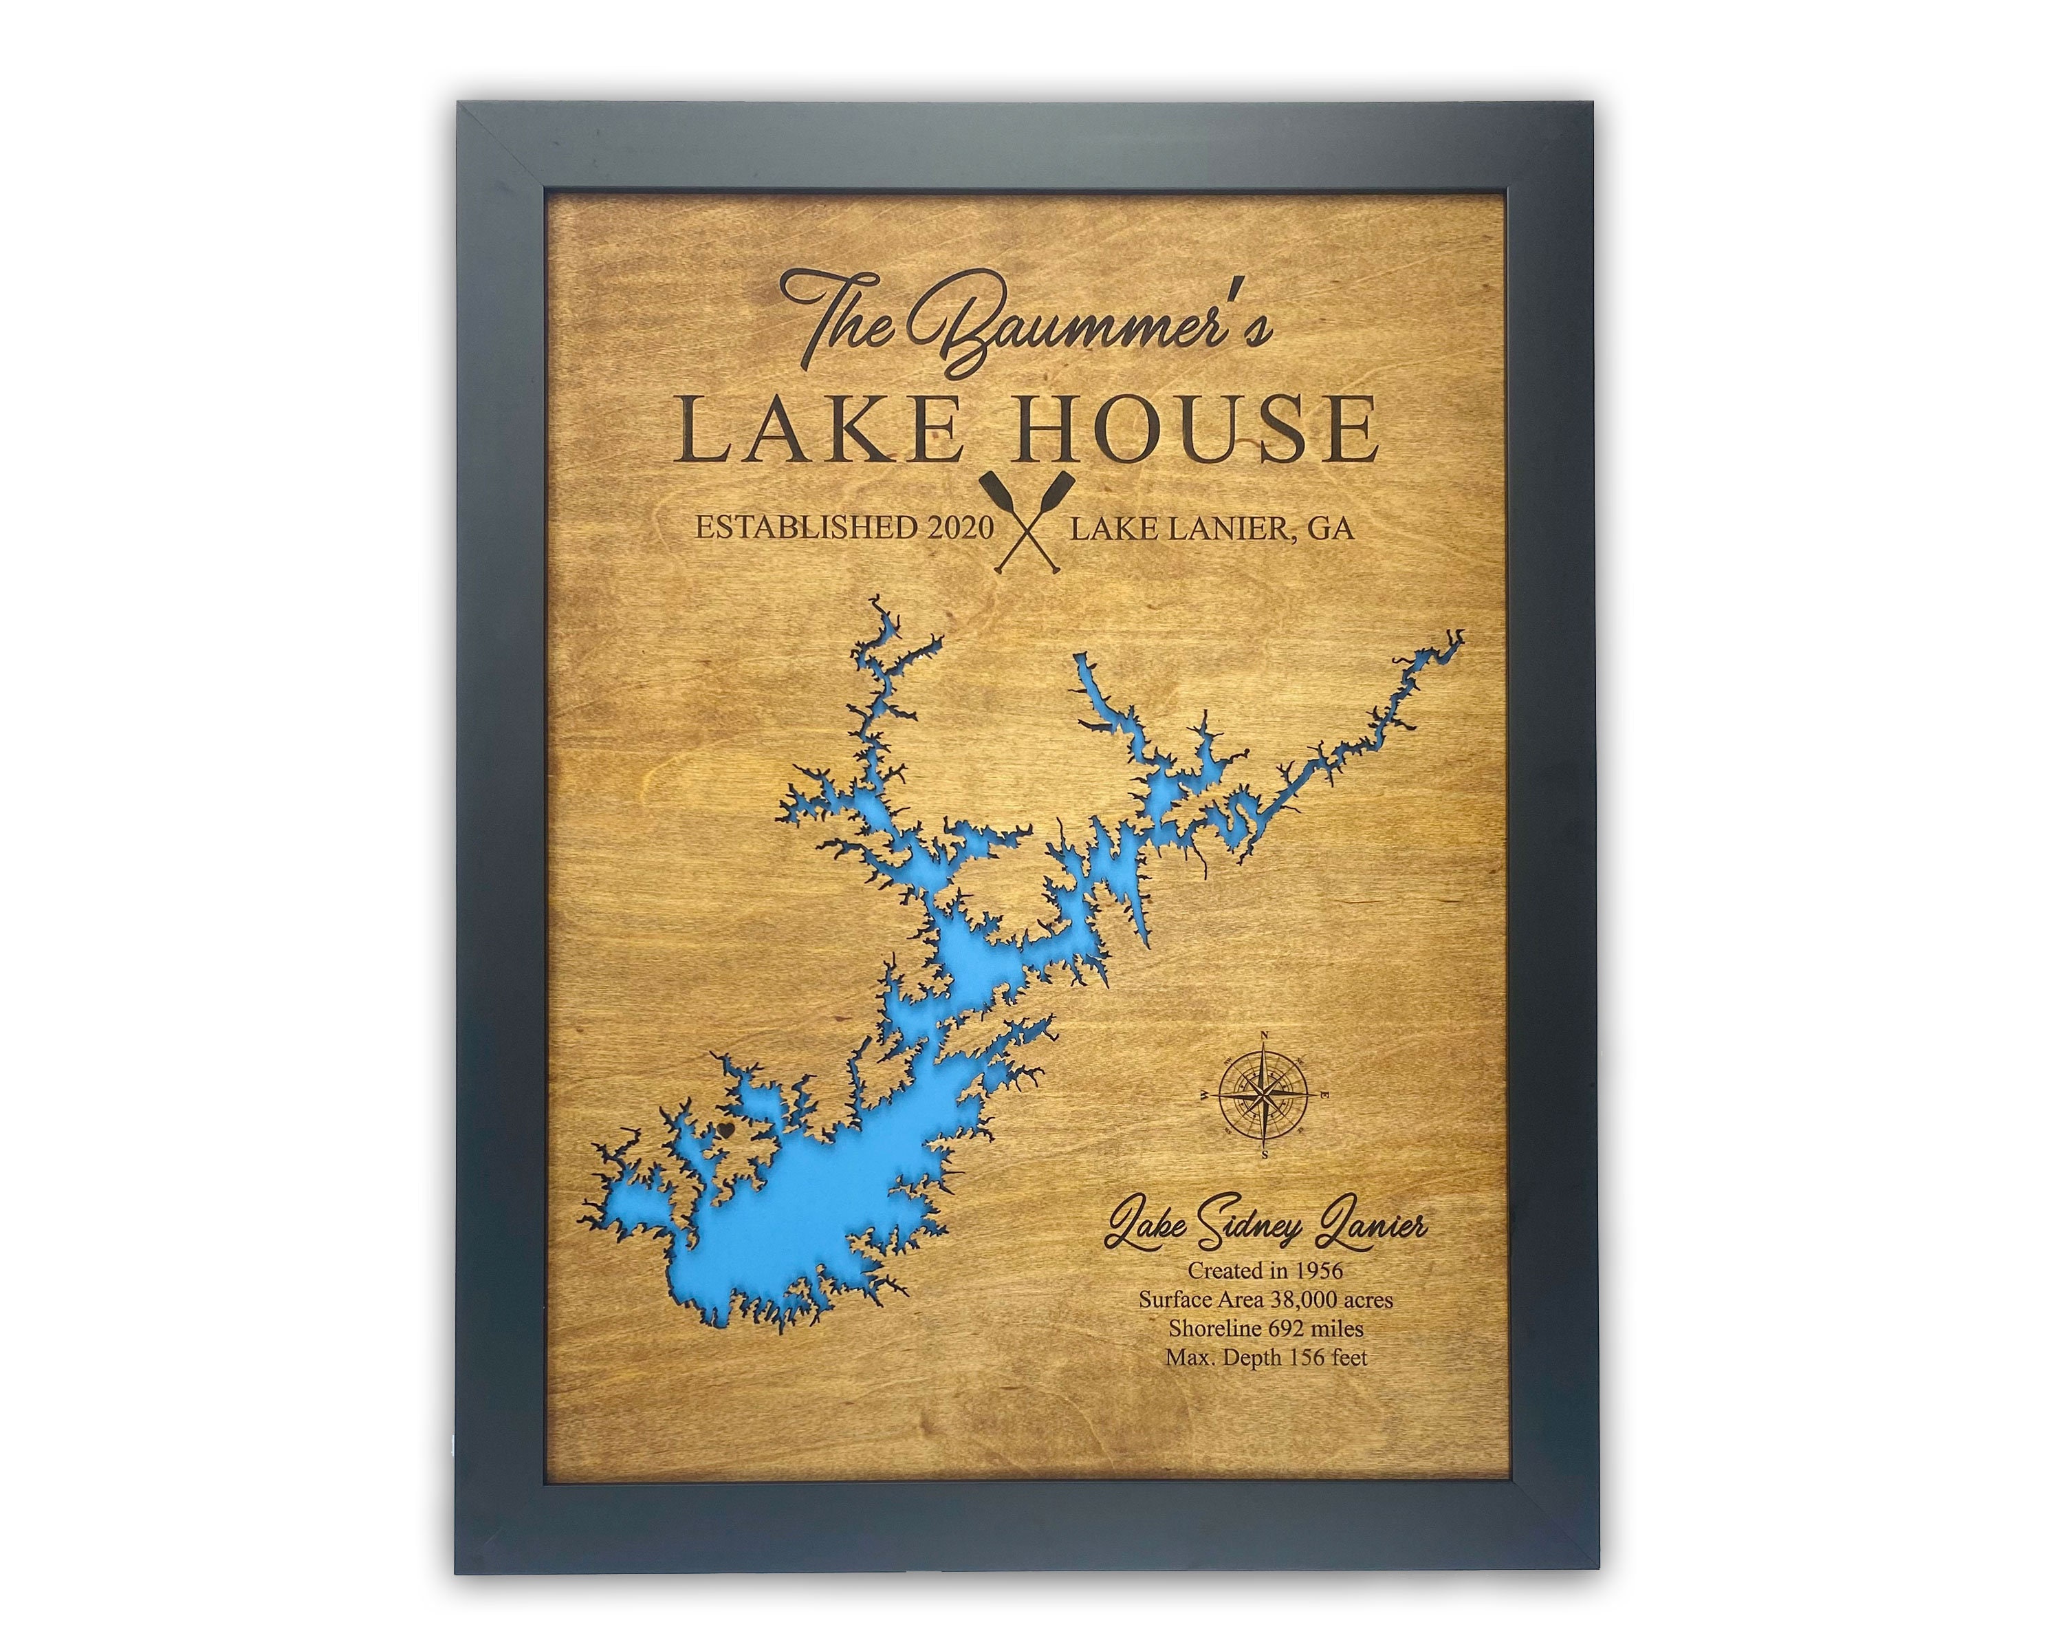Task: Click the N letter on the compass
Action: coord(1265,1035)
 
